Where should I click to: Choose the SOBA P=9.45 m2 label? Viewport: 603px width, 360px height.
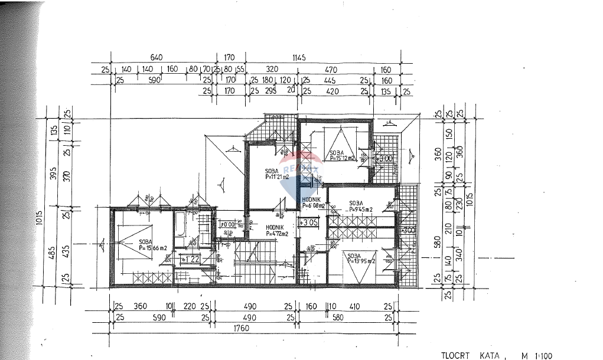pos(359,206)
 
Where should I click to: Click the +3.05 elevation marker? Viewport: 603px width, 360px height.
pos(309,222)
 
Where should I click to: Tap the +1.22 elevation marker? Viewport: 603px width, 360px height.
pos(191,259)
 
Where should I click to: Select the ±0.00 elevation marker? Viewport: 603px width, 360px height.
pos(227,224)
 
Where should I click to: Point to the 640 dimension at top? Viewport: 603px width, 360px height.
pos(156,57)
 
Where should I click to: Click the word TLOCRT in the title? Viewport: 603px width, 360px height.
pos(455,355)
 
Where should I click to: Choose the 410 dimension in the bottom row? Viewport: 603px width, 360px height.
pos(355,306)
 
